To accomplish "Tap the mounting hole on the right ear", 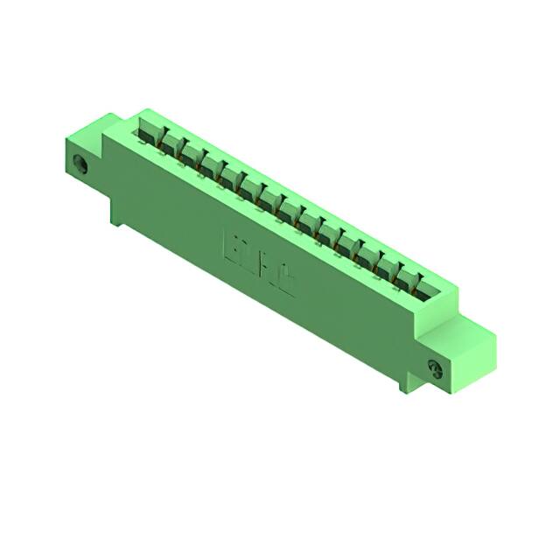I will click(434, 367).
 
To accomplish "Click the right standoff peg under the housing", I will click(405, 383).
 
